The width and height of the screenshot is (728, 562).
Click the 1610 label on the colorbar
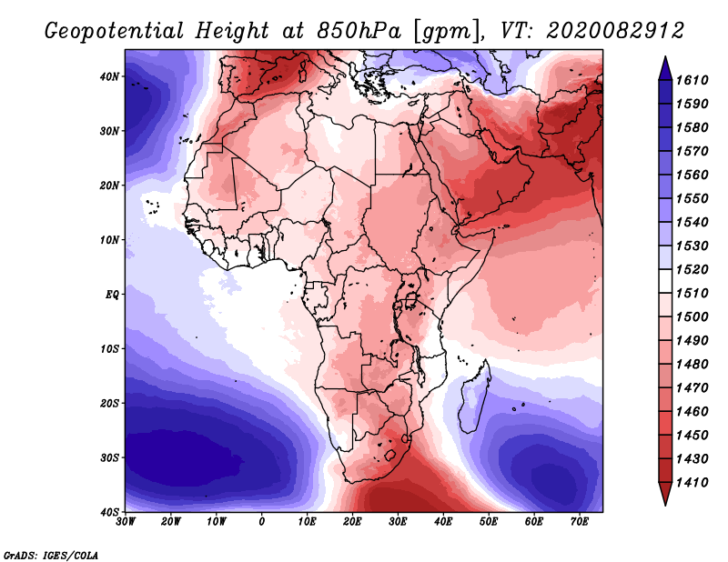[693, 80]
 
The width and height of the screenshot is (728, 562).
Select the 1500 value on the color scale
[693, 317]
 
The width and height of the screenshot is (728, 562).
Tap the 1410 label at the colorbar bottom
[693, 483]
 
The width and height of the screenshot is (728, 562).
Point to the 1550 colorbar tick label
[693, 198]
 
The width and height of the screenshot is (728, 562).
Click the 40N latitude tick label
[109, 76]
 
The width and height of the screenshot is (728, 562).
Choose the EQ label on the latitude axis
[112, 295]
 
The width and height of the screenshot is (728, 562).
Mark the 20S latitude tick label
[109, 403]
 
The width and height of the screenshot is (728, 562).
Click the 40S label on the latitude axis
[109, 512]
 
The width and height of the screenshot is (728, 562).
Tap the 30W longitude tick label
[126, 522]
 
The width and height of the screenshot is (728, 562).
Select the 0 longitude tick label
[262, 522]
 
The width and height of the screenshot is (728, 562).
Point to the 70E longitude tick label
[580, 522]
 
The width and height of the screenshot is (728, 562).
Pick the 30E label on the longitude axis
[398, 522]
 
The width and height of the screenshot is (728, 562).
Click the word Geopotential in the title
[115, 32]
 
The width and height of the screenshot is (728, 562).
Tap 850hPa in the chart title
[359, 31]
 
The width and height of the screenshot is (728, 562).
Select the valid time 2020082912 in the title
[615, 31]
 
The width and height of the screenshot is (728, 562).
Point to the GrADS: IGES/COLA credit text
[51, 556]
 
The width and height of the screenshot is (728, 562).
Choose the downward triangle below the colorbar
[665, 493]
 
